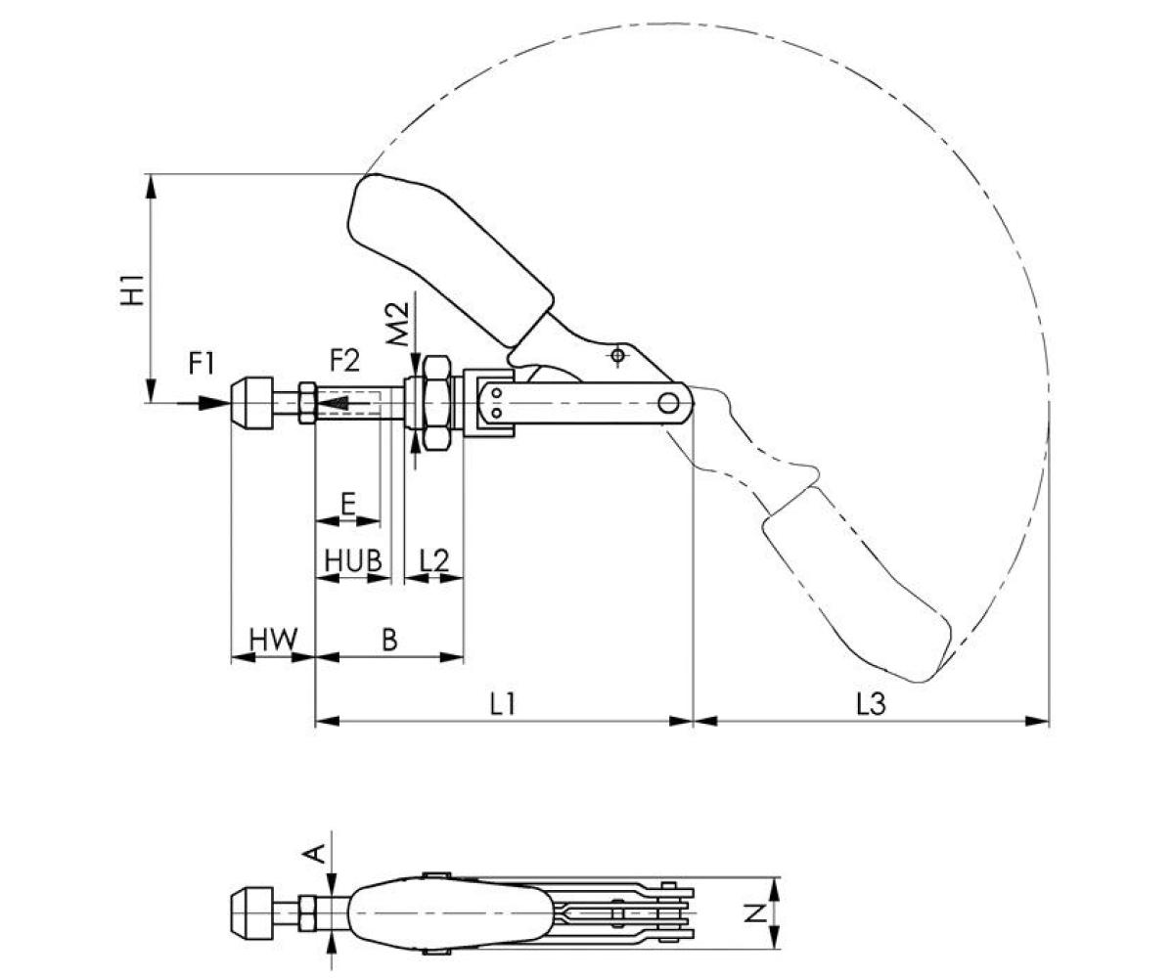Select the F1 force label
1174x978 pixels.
click(x=202, y=364)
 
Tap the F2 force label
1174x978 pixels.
click(x=344, y=361)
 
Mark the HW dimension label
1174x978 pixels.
click(x=272, y=641)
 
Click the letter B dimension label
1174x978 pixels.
click(x=389, y=641)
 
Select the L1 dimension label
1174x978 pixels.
click(x=502, y=704)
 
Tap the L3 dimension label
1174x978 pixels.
click(x=870, y=704)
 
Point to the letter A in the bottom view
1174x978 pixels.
click(x=316, y=854)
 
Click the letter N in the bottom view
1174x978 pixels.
click(x=754, y=913)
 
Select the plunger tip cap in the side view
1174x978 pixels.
click(x=251, y=402)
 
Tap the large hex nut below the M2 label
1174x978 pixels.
click(x=434, y=402)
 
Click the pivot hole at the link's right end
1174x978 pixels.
click(x=669, y=402)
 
